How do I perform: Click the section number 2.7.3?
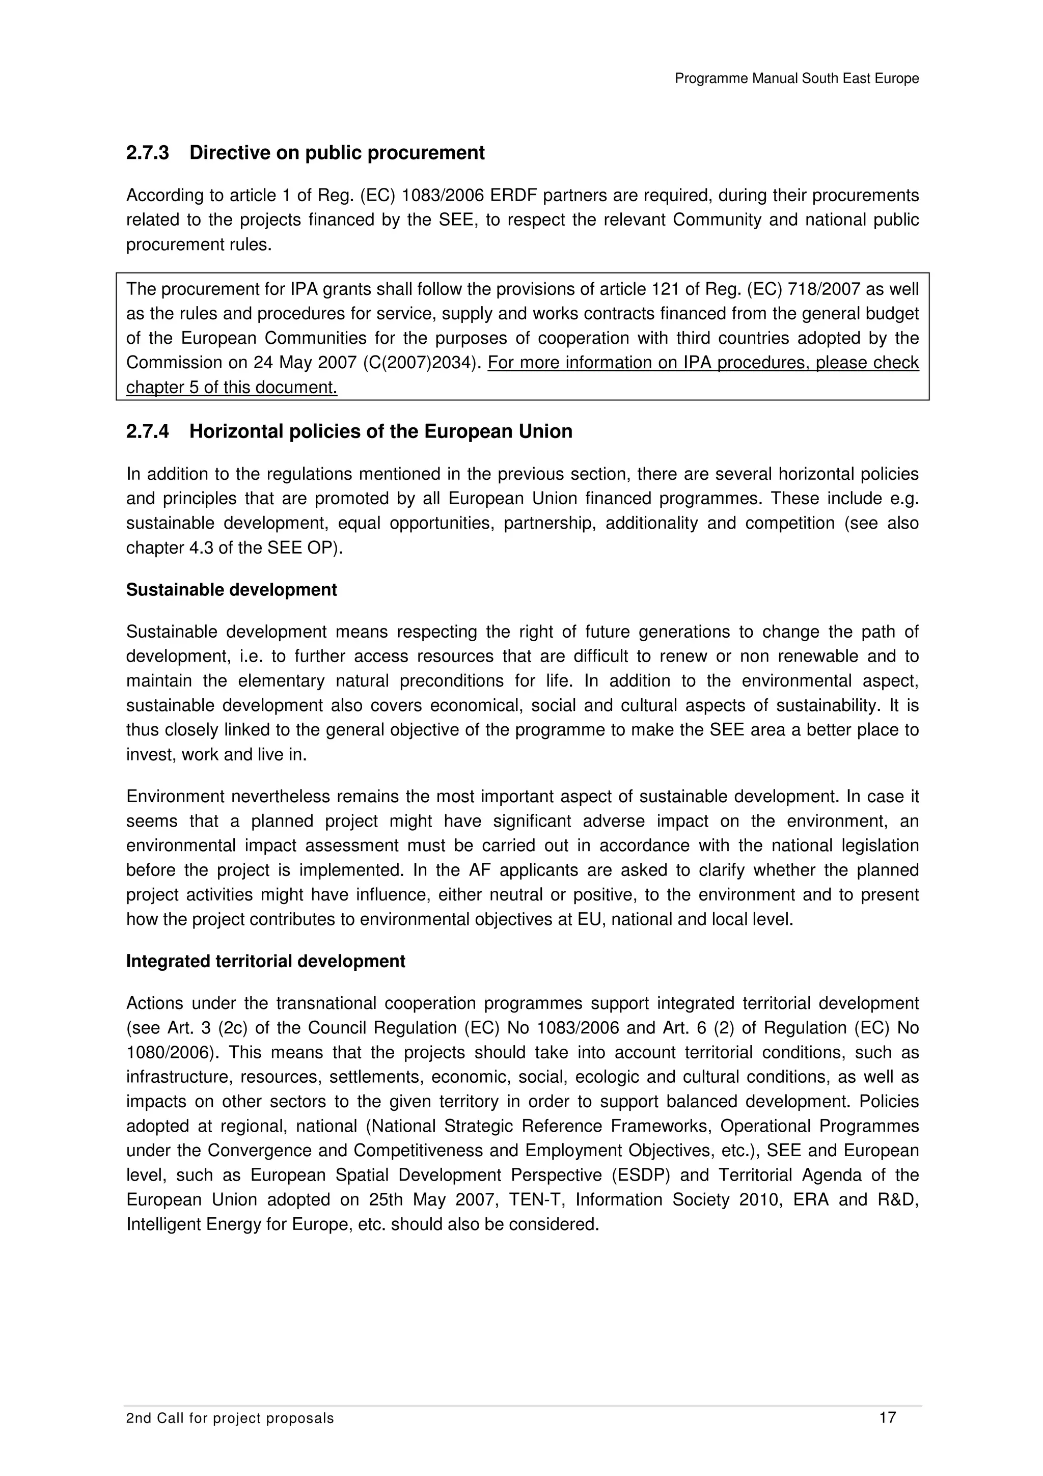pos(147,153)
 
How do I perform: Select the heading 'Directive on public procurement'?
pos(337,153)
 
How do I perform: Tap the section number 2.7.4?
pos(147,431)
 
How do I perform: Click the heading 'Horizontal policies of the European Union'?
pos(380,431)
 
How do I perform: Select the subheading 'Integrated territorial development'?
pos(265,961)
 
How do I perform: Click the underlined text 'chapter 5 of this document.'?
pos(231,388)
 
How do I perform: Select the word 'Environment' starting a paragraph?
pos(174,797)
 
